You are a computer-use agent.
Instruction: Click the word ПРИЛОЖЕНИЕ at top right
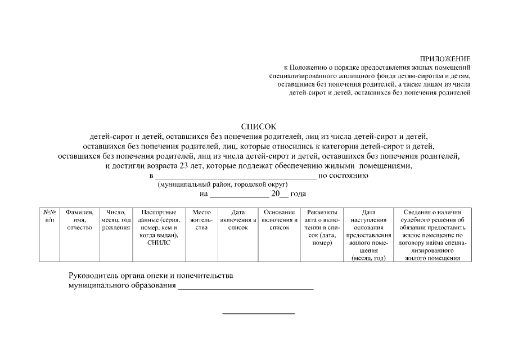445,58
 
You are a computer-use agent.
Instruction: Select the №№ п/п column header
49,215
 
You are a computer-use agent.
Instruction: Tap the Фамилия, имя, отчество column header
79,219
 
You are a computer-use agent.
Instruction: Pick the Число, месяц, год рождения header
116,219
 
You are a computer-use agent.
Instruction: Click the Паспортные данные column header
159,223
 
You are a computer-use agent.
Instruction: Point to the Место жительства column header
201,219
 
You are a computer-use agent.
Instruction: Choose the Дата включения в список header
237,219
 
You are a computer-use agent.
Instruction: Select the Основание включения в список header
279,219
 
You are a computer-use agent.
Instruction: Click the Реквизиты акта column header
322,227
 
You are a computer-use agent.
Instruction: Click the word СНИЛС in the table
159,243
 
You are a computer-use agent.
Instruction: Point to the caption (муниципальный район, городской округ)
223,184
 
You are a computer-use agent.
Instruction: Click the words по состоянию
344,175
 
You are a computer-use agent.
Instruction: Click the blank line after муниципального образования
245,288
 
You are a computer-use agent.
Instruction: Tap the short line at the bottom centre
259,313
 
